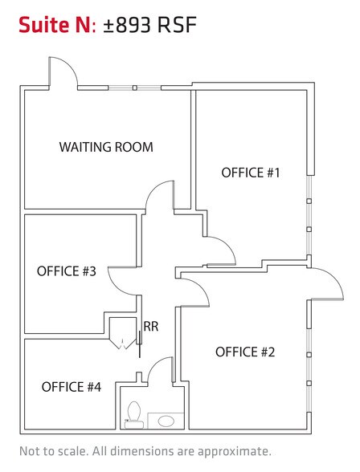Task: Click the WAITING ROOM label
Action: tap(106, 148)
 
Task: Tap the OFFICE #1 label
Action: tap(250, 173)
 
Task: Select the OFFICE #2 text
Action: tap(245, 352)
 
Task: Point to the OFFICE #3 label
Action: tap(67, 271)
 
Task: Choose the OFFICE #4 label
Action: tap(72, 387)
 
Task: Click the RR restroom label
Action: tap(150, 326)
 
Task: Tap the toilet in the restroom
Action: tap(133, 411)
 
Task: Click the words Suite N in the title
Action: tap(53, 27)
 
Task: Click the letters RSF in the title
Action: tap(176, 27)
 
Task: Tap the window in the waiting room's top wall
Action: tap(135, 87)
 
